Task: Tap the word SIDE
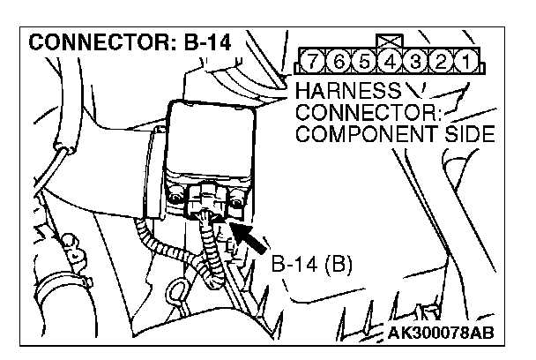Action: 464,135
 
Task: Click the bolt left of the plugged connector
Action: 176,193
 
